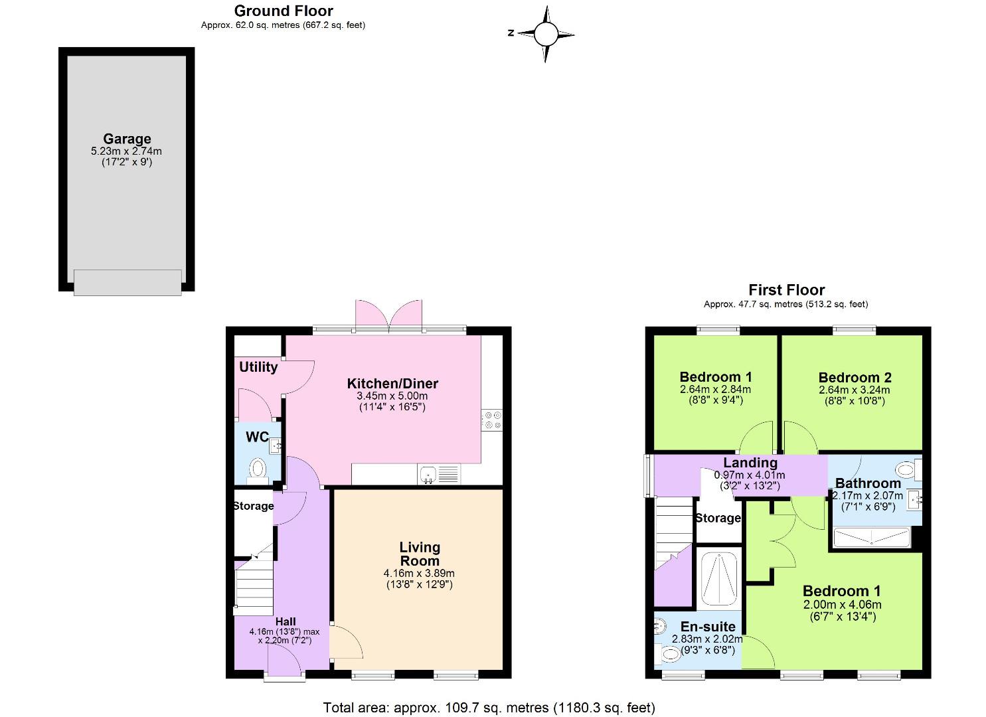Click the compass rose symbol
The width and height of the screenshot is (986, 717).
pos(545,34)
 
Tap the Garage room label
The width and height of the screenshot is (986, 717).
pos(127,139)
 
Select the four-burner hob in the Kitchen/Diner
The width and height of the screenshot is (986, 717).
pos(493,420)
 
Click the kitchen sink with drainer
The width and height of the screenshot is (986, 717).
pos(439,475)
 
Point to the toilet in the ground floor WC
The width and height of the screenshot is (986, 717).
pos(257,470)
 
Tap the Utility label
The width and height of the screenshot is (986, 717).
pos(258,367)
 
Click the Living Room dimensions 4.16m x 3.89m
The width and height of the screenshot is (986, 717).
pos(419,574)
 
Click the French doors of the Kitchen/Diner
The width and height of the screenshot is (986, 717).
pos(389,315)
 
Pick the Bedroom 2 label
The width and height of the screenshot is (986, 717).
pos(855,377)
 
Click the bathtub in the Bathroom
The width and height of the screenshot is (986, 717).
pos(871,536)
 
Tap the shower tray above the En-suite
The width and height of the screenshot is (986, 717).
pos(718,578)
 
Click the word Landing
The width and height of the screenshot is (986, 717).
pos(750,463)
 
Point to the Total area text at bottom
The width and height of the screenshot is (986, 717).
pos(489,708)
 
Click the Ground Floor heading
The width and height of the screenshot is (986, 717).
pos(284,11)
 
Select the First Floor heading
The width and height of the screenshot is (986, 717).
pos(786,290)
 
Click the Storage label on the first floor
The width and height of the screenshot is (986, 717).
pos(718,518)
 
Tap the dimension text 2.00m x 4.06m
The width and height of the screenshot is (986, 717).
pos(842,605)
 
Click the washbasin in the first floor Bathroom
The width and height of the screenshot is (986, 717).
pos(916,498)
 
